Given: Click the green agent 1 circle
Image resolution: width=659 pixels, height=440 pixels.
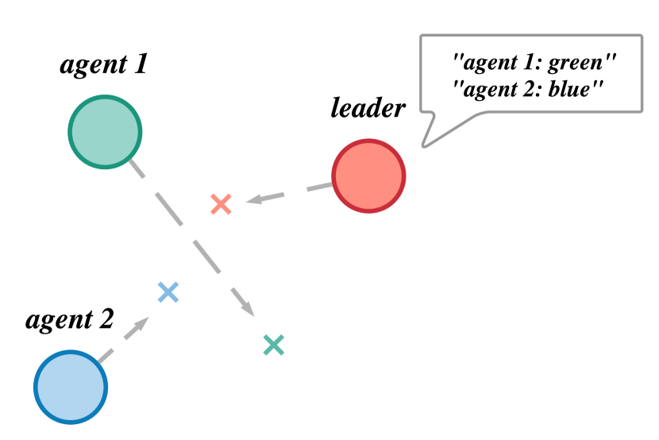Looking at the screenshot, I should pyautogui.click(x=105, y=132).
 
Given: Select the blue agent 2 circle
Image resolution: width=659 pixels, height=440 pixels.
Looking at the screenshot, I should pyautogui.click(x=71, y=388).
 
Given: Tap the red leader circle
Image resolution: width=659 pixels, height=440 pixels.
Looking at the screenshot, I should pyautogui.click(x=368, y=176).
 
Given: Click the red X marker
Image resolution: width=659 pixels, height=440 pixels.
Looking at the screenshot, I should pyautogui.click(x=221, y=204).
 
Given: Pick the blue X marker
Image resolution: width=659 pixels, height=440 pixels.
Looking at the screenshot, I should pyautogui.click(x=168, y=292).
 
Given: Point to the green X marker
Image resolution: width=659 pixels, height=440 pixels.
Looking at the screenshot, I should pyautogui.click(x=273, y=345).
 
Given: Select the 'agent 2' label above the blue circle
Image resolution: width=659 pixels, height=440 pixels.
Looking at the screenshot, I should pyautogui.click(x=70, y=320).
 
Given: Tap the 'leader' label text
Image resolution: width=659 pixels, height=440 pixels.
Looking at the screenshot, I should pyautogui.click(x=368, y=107).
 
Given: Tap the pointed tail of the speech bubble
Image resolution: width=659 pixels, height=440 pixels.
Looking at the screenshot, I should pyautogui.click(x=427, y=143).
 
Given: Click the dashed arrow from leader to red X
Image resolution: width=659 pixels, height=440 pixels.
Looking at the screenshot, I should pyautogui.click(x=294, y=192).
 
